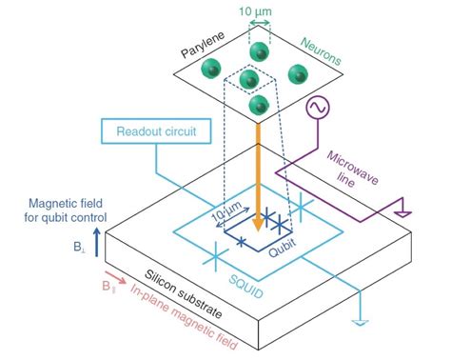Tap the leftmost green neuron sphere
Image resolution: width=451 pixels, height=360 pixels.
(x=211, y=68)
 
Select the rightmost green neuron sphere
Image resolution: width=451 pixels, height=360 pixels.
(x=297, y=73)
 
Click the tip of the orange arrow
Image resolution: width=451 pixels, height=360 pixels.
(x=256, y=228)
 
